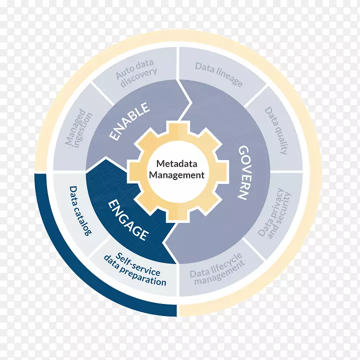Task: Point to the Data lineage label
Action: [218, 74]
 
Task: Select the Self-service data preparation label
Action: [134, 270]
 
